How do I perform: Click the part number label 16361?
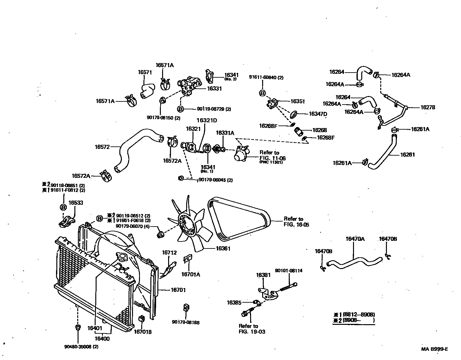click(223, 248)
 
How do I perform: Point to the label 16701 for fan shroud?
click(178, 290)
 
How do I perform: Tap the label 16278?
click(427, 107)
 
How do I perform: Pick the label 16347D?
click(318, 114)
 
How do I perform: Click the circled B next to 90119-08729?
click(180, 109)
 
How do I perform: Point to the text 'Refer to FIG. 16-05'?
click(296, 222)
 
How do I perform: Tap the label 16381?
click(263, 275)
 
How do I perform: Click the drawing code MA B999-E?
click(434, 349)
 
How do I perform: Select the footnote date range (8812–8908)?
click(359, 315)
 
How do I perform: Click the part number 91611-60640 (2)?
click(266, 77)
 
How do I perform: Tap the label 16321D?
click(206, 120)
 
